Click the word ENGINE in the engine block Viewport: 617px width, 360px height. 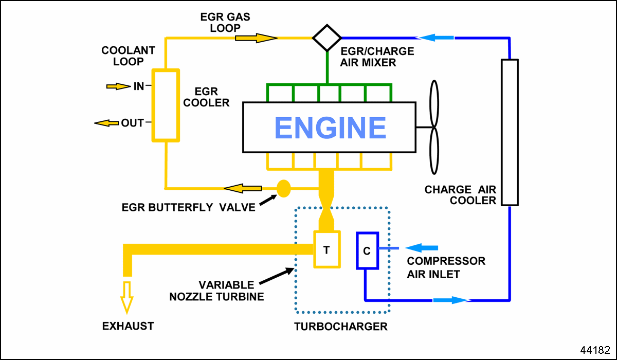(330, 128)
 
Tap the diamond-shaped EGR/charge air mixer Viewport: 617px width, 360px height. (327, 38)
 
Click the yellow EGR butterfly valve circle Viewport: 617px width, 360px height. (284, 188)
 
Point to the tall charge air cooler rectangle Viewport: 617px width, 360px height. (510, 132)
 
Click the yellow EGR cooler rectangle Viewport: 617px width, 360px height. (165, 105)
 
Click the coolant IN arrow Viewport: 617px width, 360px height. (118, 86)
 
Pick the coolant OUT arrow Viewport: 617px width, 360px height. (106, 123)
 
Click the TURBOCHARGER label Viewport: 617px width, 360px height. (340, 327)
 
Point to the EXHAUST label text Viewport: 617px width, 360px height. (128, 326)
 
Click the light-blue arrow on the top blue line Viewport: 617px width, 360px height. (435, 38)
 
